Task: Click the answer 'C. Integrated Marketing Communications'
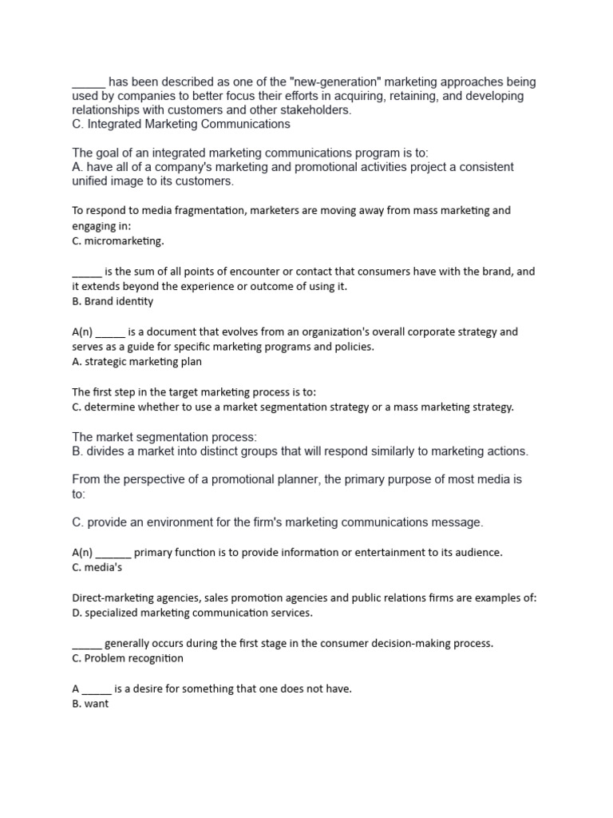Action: [180, 125]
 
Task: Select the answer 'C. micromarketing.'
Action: [117, 240]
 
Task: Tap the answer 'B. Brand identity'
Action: [113, 301]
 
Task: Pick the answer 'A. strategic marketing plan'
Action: [136, 362]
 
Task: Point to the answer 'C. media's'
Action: [97, 568]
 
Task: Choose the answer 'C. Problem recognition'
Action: [127, 658]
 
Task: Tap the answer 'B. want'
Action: [89, 705]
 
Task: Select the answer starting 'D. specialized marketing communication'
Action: [192, 613]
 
